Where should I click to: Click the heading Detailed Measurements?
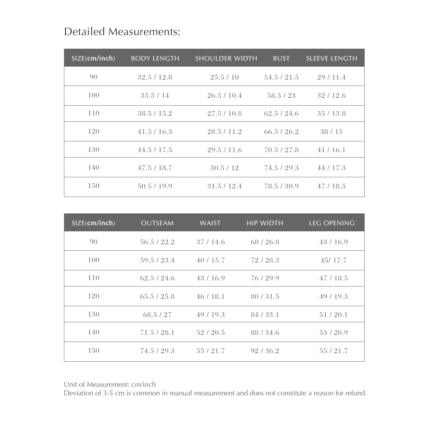pyautogui.click(x=122, y=32)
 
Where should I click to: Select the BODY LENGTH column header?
pyautogui.click(x=155, y=58)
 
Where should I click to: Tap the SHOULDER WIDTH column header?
pyautogui.click(x=226, y=58)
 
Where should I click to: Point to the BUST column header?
pyautogui.click(x=281, y=58)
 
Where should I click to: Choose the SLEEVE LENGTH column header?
pyautogui.click(x=331, y=58)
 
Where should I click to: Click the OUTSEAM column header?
pyautogui.click(x=157, y=223)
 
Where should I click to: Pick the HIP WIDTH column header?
pyautogui.click(x=265, y=223)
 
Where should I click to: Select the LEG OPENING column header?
pyautogui.click(x=332, y=223)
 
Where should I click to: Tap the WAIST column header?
pyautogui.click(x=210, y=223)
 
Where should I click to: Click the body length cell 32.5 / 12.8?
pyautogui.click(x=155, y=77)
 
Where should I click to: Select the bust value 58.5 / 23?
pyautogui.click(x=281, y=96)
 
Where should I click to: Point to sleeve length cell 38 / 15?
pyautogui.click(x=331, y=132)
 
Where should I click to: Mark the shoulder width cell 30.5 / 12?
pyautogui.click(x=225, y=168)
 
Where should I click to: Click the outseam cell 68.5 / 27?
pyautogui.click(x=157, y=315)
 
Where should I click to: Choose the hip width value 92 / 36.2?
pyautogui.click(x=265, y=351)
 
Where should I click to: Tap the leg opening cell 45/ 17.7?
pyautogui.click(x=334, y=260)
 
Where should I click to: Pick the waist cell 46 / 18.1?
pyautogui.click(x=211, y=297)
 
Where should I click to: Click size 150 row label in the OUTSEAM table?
pyautogui.click(x=94, y=351)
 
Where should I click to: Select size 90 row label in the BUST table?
pyautogui.click(x=94, y=77)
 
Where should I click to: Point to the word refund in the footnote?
pyautogui.click(x=355, y=393)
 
